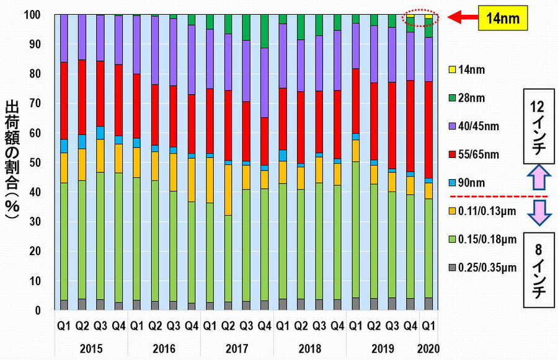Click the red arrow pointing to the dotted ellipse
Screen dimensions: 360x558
click(x=459, y=19)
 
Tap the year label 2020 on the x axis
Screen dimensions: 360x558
click(x=428, y=349)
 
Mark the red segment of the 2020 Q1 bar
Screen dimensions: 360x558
click(x=428, y=130)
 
